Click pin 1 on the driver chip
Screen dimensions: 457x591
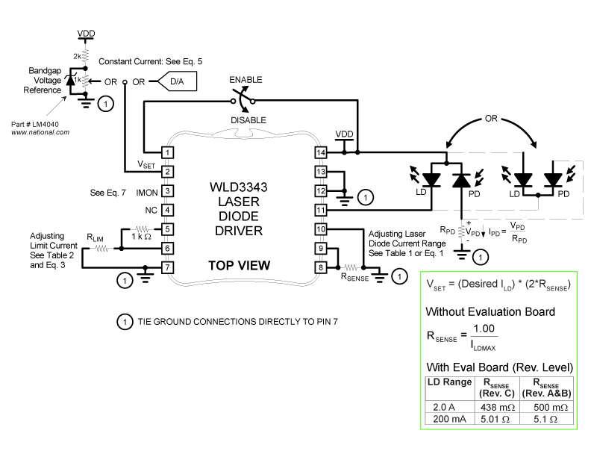[169, 152]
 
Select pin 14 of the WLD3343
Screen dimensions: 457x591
[321, 152]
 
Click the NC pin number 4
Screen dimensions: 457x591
[169, 210]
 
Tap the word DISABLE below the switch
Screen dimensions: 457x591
[248, 119]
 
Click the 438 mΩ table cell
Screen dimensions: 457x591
[492, 406]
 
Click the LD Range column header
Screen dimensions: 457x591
[448, 383]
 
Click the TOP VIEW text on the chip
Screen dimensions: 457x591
[239, 265]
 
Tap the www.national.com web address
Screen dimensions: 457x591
[40, 131]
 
